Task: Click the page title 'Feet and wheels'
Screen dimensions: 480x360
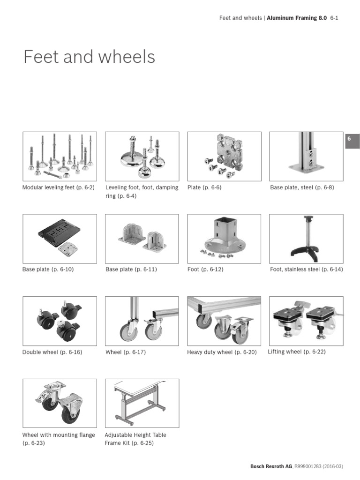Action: (89, 57)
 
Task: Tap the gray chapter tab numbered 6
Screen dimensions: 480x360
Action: (352, 140)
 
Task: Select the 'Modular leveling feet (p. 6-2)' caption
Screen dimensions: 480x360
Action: (59, 187)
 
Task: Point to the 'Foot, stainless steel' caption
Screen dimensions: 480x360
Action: (306, 270)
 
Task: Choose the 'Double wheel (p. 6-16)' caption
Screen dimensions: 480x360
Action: (52, 352)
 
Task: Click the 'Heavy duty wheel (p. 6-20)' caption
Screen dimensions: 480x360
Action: (222, 352)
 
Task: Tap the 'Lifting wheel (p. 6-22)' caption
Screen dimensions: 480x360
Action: (296, 352)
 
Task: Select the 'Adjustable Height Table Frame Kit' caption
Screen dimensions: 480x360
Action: (135, 439)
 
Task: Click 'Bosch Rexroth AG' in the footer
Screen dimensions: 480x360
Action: (271, 466)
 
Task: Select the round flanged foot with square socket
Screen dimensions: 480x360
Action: (224, 239)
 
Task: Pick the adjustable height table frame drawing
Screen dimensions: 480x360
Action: (142, 403)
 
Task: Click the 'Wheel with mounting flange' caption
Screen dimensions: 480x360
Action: (59, 435)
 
